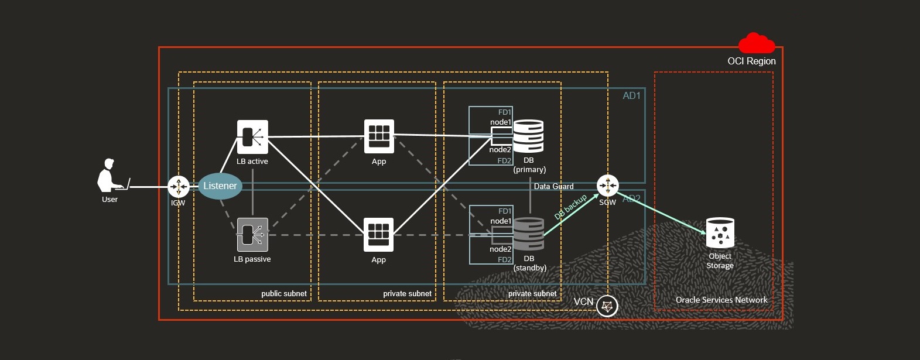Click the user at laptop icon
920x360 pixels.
111,176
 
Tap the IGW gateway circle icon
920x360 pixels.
179,187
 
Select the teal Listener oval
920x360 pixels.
220,186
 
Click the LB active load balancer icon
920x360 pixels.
252,137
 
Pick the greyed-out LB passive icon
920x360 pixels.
252,235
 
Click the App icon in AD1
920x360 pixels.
379,136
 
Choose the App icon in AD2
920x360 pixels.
379,235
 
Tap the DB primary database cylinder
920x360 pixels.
528,136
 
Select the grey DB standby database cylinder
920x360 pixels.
528,234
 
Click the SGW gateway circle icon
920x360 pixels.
607,186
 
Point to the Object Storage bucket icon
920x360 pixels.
720,233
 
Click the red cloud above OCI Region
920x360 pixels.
756,44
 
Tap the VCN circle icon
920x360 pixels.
607,306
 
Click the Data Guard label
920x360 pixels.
553,186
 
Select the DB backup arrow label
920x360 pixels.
570,207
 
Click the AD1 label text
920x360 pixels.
631,96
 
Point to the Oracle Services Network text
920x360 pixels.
721,300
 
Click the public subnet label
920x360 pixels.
284,293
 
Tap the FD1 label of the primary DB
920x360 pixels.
504,112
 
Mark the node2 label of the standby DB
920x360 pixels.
500,249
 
